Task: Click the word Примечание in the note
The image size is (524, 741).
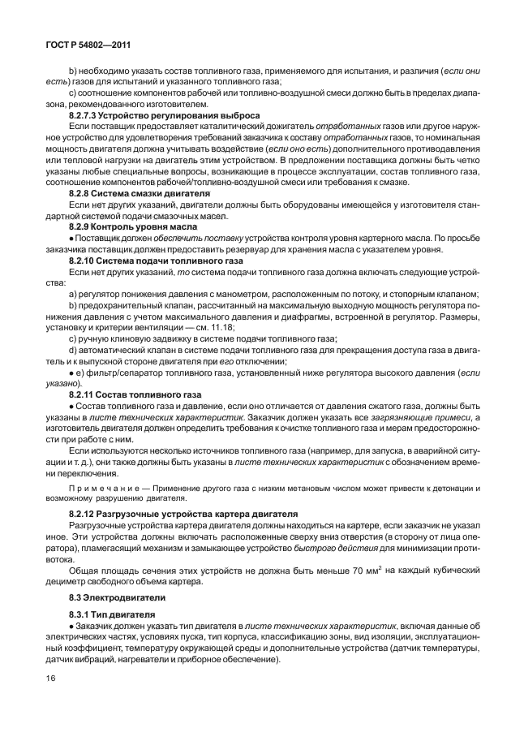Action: tap(101, 488)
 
